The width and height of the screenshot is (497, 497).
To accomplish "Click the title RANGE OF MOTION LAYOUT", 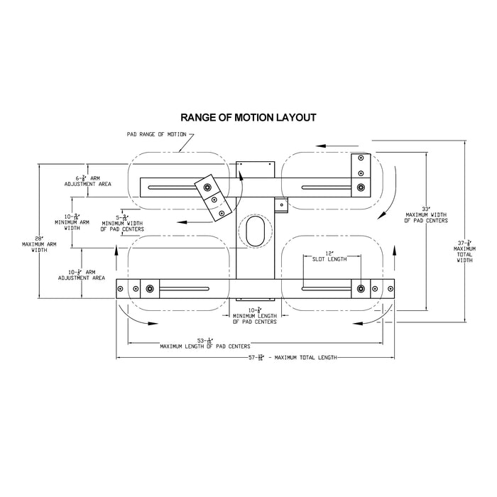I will (x=248, y=116).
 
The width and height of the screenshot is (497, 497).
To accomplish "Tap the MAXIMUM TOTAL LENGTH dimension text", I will (x=288, y=356).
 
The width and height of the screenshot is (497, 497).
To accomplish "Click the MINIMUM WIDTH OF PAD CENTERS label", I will (x=122, y=226).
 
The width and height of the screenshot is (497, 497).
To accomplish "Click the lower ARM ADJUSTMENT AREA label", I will (x=85, y=275).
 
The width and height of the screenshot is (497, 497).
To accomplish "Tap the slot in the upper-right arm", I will (x=327, y=187).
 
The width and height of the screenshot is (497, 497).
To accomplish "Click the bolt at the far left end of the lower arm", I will (x=121, y=288).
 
